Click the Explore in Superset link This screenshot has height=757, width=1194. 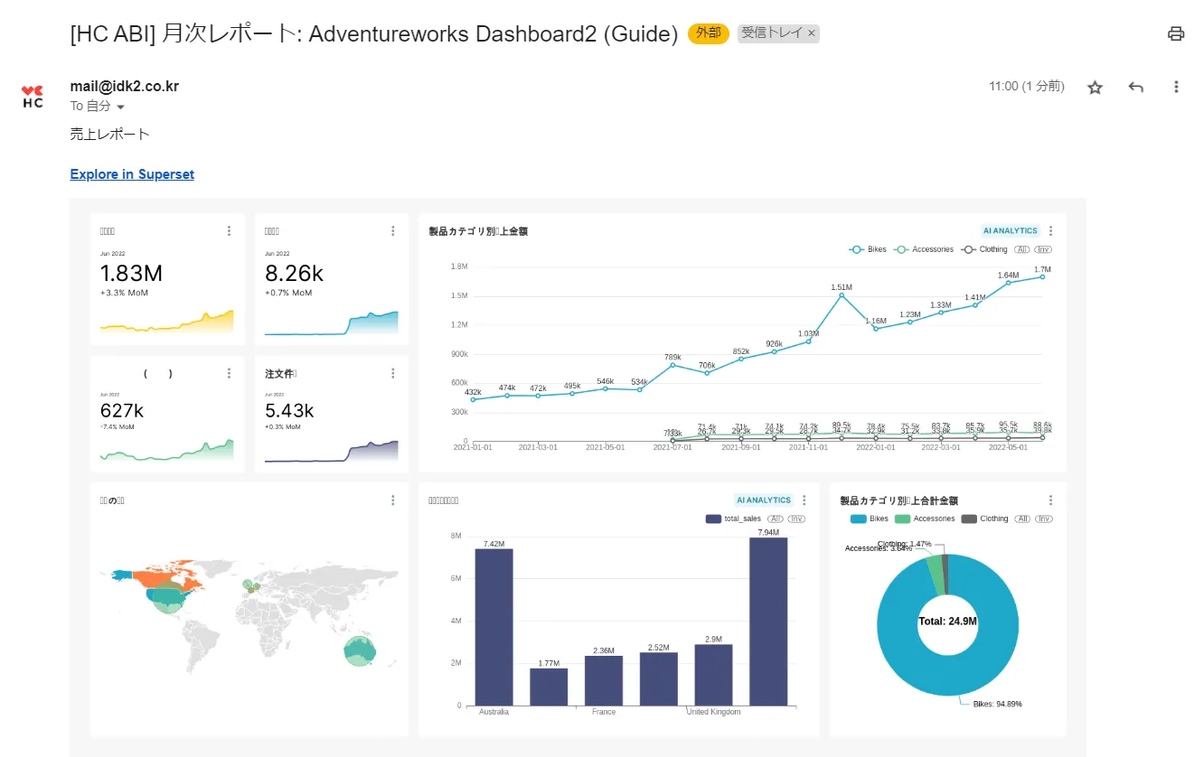(132, 174)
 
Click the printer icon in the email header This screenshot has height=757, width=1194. (1175, 34)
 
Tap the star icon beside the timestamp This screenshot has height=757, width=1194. (1095, 87)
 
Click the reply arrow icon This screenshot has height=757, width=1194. (1136, 87)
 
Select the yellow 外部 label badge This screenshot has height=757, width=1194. (708, 33)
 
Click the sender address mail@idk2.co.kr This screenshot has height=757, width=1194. (124, 87)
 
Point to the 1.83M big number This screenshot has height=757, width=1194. (131, 274)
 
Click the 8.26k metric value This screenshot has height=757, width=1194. (294, 274)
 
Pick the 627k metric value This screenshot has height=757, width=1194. (122, 410)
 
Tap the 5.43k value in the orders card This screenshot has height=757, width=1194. (289, 410)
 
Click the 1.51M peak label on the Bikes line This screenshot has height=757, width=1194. (841, 287)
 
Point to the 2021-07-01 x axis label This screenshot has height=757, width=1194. (672, 447)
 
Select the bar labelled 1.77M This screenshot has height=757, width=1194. (549, 687)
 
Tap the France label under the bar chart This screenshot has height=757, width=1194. (603, 712)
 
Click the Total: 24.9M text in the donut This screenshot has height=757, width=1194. (947, 621)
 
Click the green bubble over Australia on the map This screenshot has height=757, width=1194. (360, 650)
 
